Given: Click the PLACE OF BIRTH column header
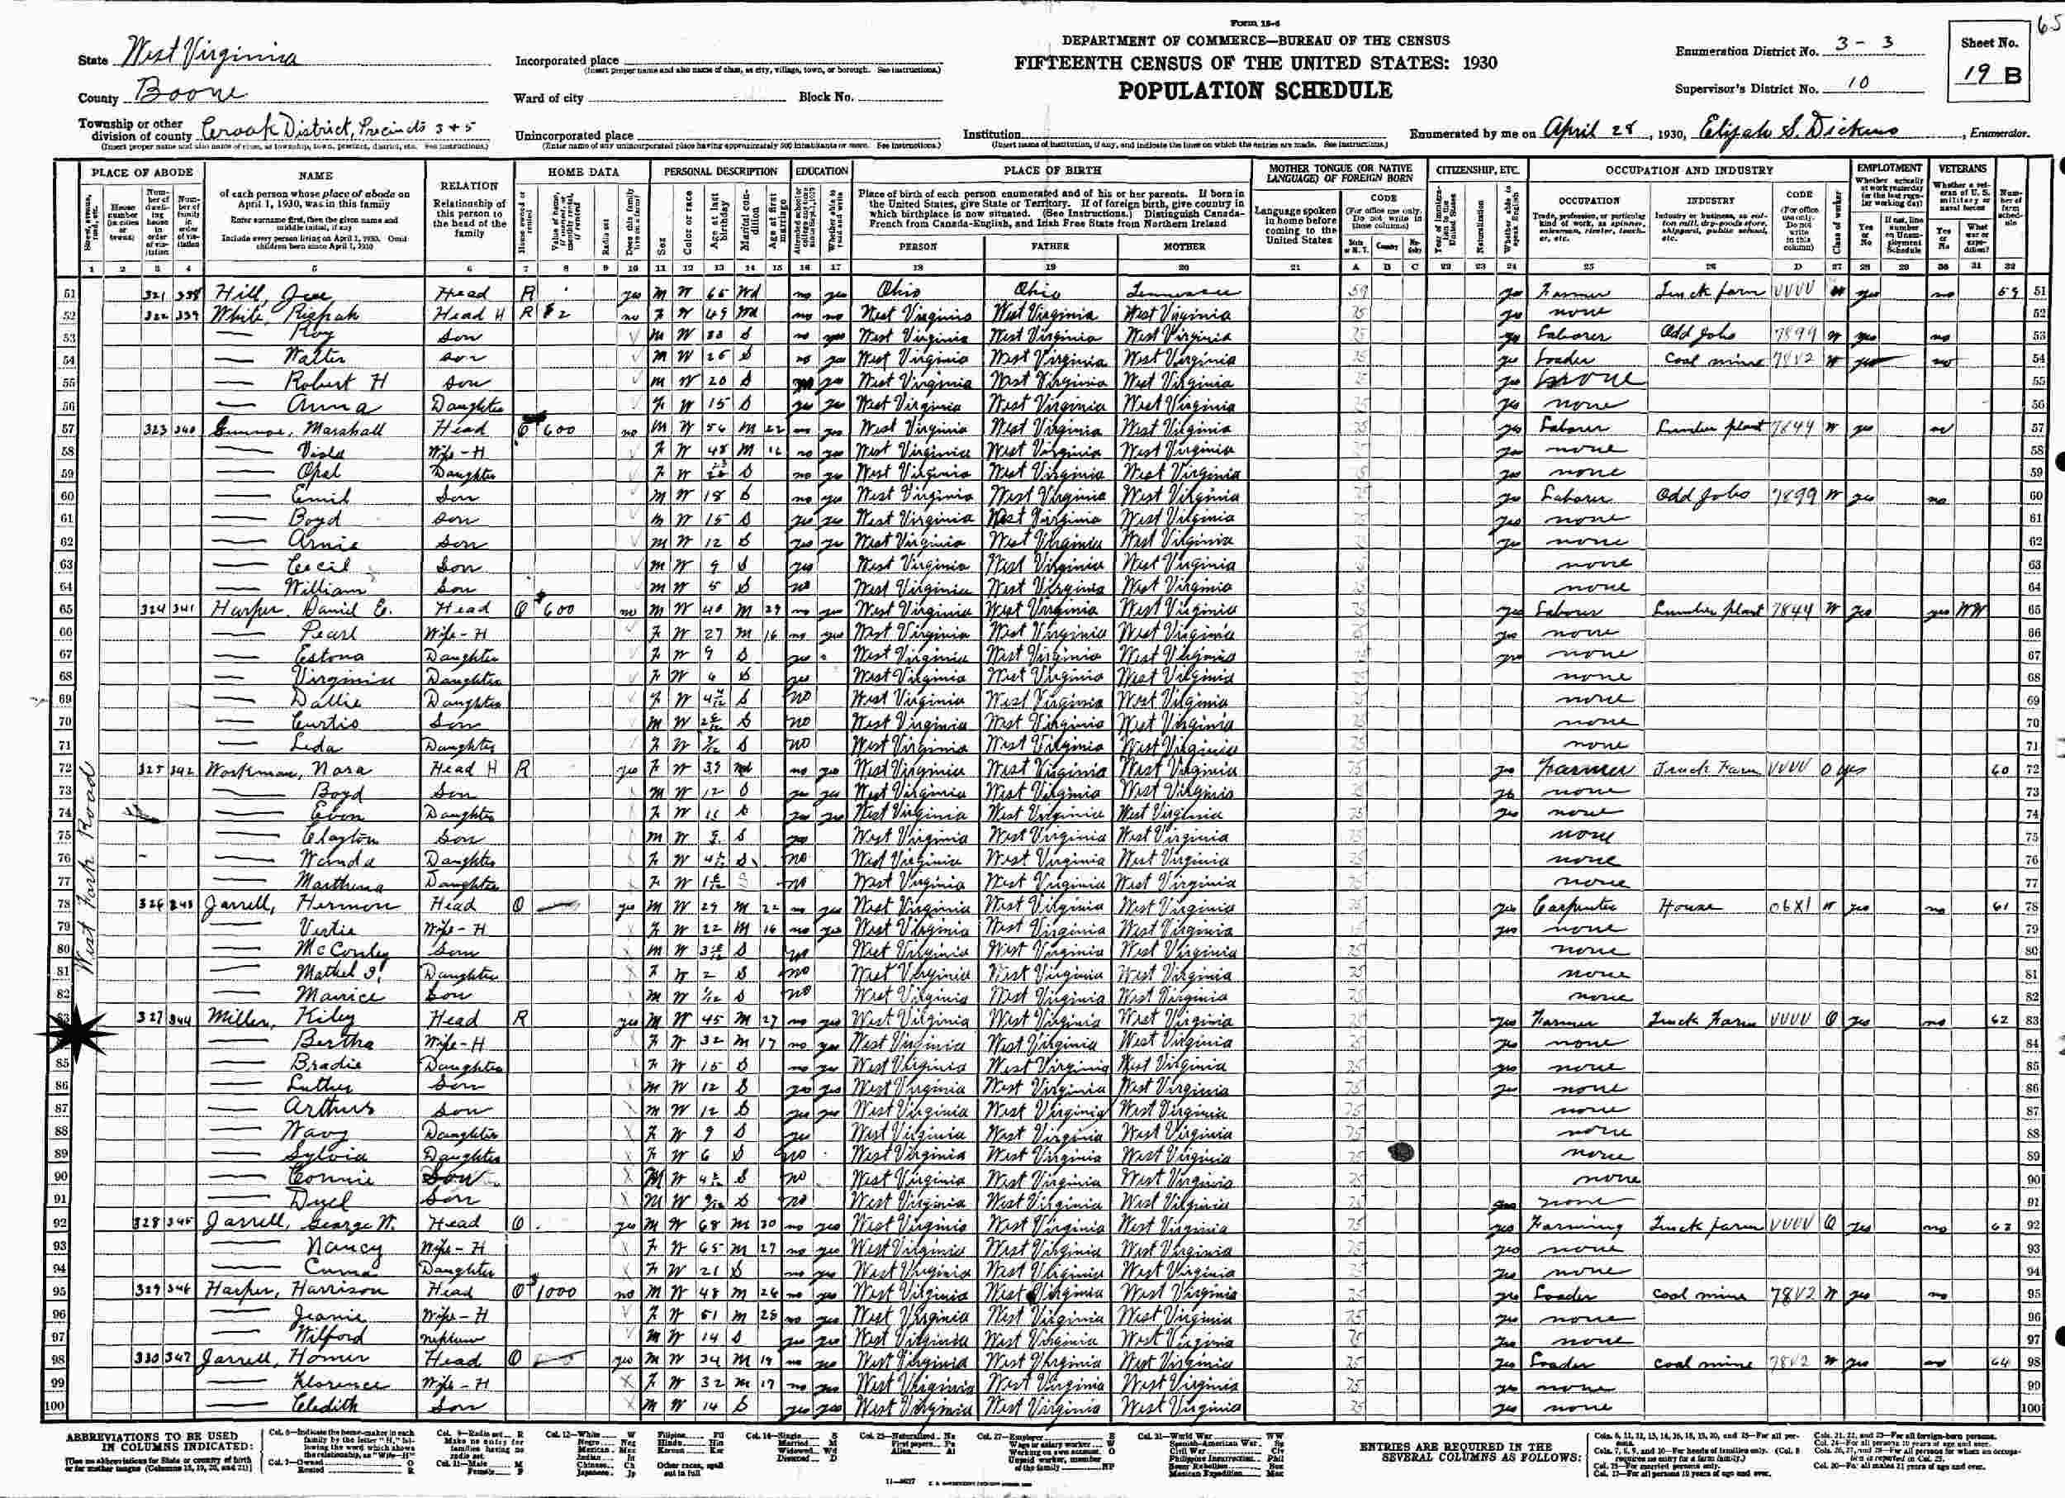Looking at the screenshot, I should coord(1051,170).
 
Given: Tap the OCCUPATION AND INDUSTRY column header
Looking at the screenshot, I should coord(1689,170).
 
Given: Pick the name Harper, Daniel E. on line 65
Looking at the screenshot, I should coord(292,609).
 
